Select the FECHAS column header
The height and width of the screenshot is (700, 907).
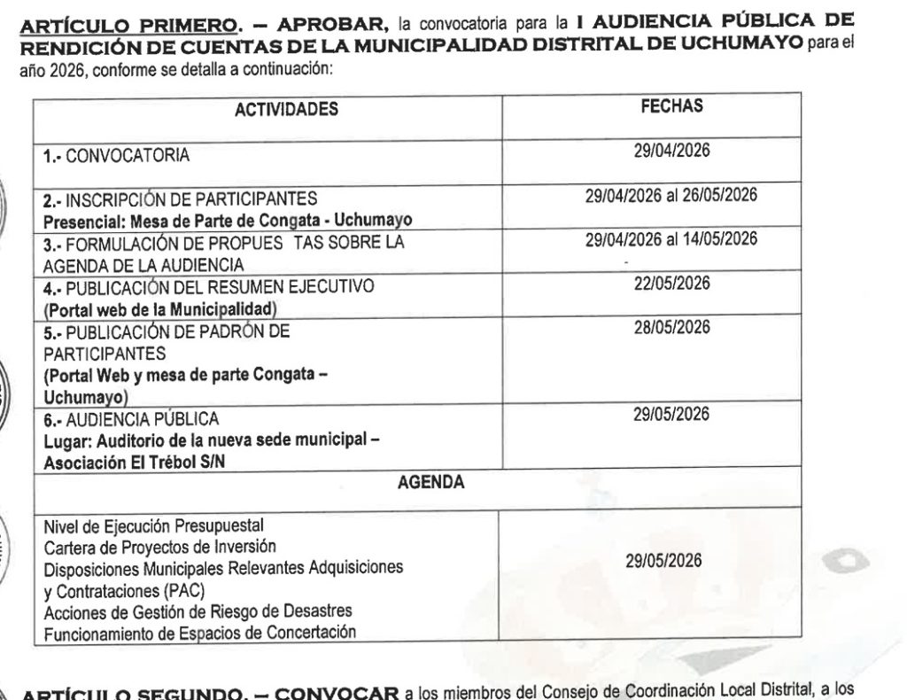[x=671, y=105]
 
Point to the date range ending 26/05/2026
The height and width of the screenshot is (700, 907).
[x=671, y=195]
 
